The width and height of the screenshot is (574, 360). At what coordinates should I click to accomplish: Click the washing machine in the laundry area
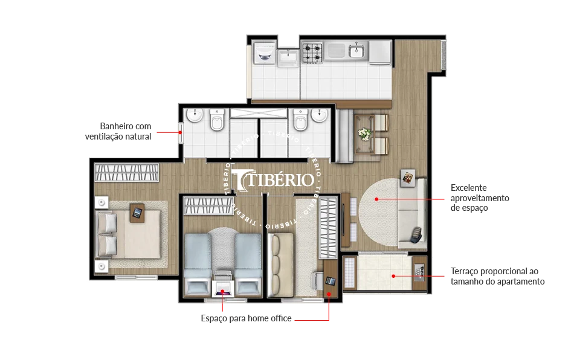pyautogui.click(x=265, y=54)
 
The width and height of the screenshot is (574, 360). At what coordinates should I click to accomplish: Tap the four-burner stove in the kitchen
pyautogui.click(x=312, y=53)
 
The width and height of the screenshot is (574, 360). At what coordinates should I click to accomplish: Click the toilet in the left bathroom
pyautogui.click(x=217, y=120)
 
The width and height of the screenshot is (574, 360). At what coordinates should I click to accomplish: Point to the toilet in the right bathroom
pyautogui.click(x=300, y=120)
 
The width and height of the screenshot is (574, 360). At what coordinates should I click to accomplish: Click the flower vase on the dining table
pyautogui.click(x=364, y=133)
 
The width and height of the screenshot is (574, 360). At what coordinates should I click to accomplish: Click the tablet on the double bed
pyautogui.click(x=137, y=213)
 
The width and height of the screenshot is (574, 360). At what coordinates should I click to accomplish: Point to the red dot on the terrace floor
pyautogui.click(x=393, y=276)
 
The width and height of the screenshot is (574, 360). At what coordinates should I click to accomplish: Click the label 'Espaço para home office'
pyautogui.click(x=246, y=318)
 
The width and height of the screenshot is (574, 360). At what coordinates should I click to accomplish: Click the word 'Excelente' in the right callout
pyautogui.click(x=469, y=188)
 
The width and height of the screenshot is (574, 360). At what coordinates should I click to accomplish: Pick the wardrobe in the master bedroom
pyautogui.click(x=127, y=172)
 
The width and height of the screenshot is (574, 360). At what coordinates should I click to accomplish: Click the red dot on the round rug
pyautogui.click(x=376, y=199)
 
